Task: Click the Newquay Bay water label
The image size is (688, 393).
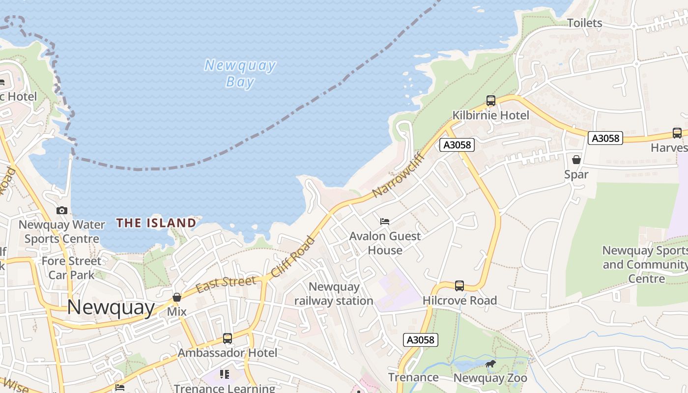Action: pos(240,73)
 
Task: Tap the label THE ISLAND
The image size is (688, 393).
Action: pos(156,223)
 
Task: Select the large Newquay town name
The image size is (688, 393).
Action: pos(111,307)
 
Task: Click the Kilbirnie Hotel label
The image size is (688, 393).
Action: pos(490,115)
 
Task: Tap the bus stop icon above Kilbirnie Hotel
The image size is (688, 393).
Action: pos(490,101)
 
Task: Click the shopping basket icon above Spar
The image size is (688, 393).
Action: pos(576,160)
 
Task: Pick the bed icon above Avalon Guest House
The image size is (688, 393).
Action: pos(385,222)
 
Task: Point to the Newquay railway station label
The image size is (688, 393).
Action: pos(334,294)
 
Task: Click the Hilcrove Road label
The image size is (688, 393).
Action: pos(459,300)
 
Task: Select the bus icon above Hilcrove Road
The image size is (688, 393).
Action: pos(459,285)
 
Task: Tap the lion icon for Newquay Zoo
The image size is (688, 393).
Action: pos(490,364)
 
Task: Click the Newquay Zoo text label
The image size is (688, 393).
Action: pos(490,378)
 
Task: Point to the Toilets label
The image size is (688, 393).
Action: pos(584,23)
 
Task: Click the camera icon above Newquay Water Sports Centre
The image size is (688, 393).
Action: pos(62,210)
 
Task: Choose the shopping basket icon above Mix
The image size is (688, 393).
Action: pos(177,297)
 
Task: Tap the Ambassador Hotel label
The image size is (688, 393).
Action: pos(227,353)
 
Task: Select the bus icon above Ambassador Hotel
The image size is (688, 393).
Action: pos(227,338)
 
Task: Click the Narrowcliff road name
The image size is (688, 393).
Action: pos(398,175)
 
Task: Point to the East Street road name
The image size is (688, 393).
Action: pos(226,284)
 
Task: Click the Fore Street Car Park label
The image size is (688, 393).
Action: pos(71,268)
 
